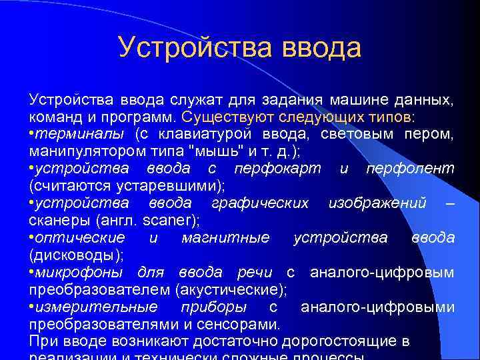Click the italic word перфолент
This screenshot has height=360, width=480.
(410, 169)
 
